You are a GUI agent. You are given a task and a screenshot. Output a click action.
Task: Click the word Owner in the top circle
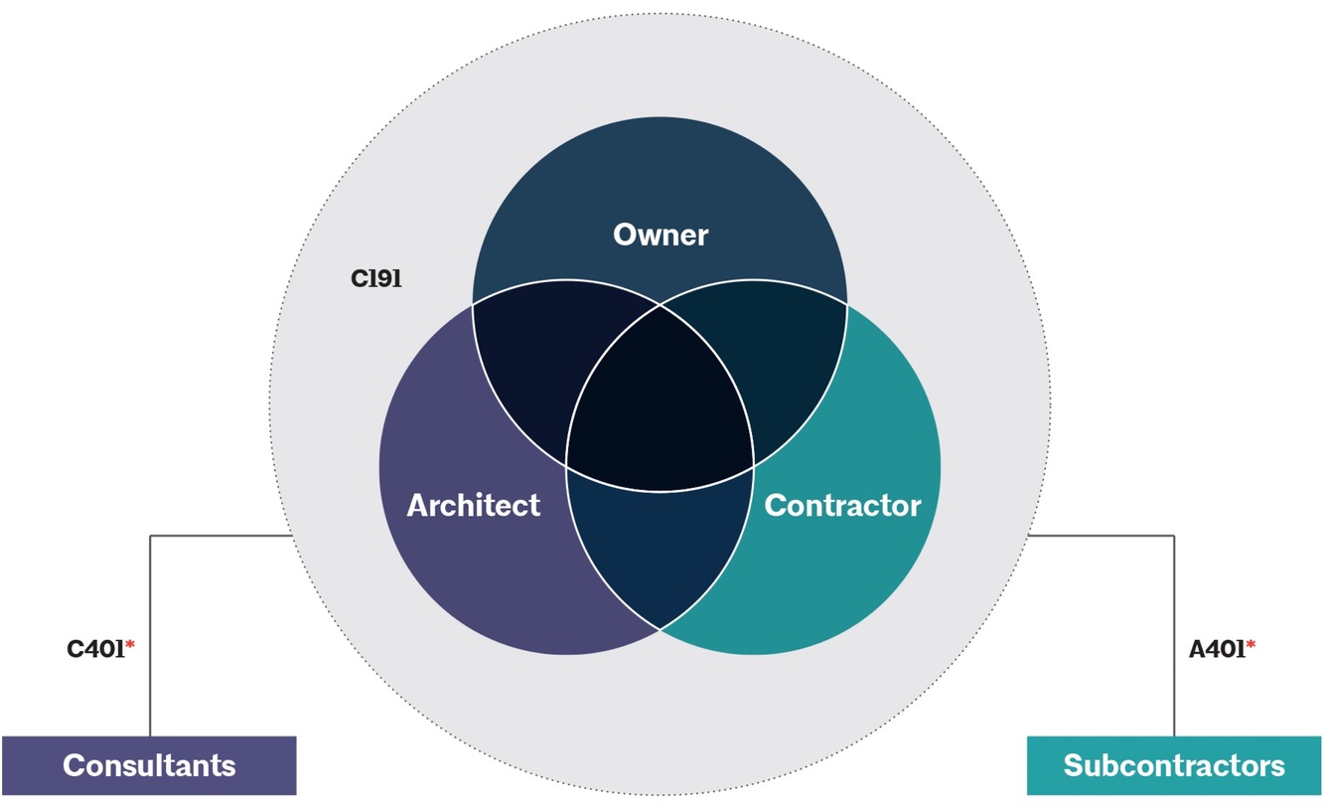tap(661, 235)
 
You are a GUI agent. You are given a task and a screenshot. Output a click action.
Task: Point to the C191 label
tap(375, 279)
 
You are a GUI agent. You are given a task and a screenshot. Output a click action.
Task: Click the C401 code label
tap(95, 649)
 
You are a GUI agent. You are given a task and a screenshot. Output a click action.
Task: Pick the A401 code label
tap(1217, 649)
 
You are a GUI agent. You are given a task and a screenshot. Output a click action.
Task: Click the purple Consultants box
tap(149, 765)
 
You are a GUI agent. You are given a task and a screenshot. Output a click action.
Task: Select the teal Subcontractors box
tap(1174, 765)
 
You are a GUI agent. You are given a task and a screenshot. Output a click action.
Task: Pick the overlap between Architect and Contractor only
tap(661, 547)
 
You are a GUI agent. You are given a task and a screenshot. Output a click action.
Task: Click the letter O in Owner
tap(625, 235)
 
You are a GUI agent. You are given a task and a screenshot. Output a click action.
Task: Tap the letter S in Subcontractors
tap(1073, 766)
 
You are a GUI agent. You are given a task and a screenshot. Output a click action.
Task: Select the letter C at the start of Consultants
tap(73, 766)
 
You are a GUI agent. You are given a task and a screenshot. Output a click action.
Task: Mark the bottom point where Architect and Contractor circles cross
tap(661, 629)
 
